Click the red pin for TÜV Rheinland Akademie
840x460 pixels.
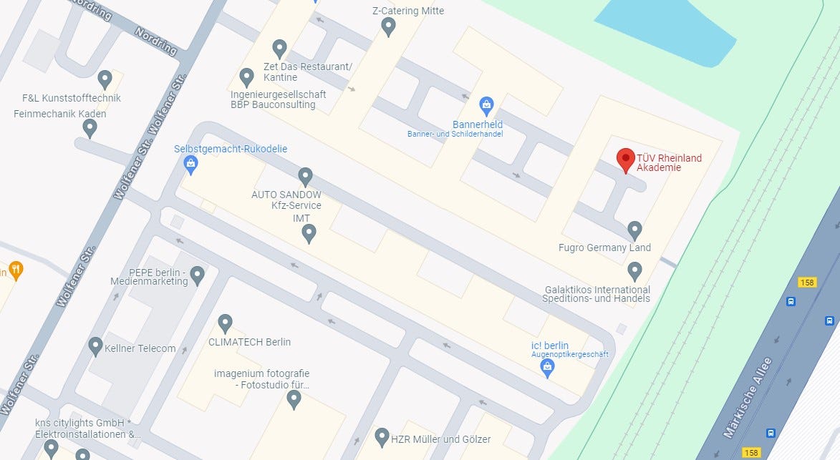tap(626, 159)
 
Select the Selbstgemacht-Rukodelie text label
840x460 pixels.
tap(231, 149)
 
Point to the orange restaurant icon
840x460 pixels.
tap(16, 270)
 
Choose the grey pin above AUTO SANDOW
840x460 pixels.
tap(306, 176)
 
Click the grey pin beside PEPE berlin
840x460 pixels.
tap(197, 274)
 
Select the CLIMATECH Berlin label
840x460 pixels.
tap(249, 342)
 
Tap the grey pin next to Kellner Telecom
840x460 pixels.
tap(95, 346)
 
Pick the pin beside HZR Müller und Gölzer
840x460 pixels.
tap(382, 436)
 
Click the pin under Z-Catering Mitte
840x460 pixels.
tap(389, 27)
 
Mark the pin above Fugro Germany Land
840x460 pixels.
tap(634, 230)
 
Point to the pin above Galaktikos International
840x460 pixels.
tap(634, 270)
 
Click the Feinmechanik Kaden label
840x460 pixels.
tap(60, 114)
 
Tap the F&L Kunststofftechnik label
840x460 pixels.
tap(72, 98)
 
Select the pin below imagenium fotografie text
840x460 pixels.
tap(294, 399)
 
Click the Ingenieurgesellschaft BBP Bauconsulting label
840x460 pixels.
tap(278, 99)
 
